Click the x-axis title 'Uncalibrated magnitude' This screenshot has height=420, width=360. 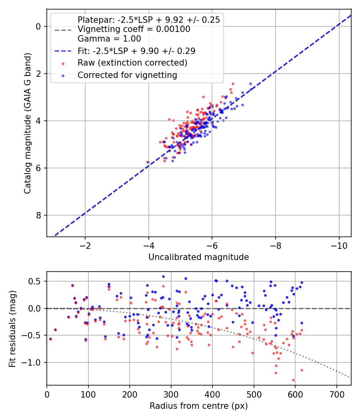pos(198,257)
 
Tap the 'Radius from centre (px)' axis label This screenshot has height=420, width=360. pos(198,406)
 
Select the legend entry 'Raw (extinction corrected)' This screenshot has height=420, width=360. pos(132,63)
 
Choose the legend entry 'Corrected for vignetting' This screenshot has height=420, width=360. pos(127,75)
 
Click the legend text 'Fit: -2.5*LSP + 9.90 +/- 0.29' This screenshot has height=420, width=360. pos(136,51)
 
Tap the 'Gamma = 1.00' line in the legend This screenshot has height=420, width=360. pos(109,39)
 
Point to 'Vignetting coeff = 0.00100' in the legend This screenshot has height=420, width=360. pos(134,29)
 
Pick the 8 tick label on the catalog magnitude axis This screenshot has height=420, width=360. pos(39,216)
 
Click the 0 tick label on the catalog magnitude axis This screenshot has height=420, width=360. pos(39,26)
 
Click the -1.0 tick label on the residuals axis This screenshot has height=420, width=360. pos(34,363)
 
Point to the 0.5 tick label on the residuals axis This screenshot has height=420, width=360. pos(36,281)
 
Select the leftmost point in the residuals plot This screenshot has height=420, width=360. pos(50,339)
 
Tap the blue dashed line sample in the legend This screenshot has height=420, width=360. pos(63,51)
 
